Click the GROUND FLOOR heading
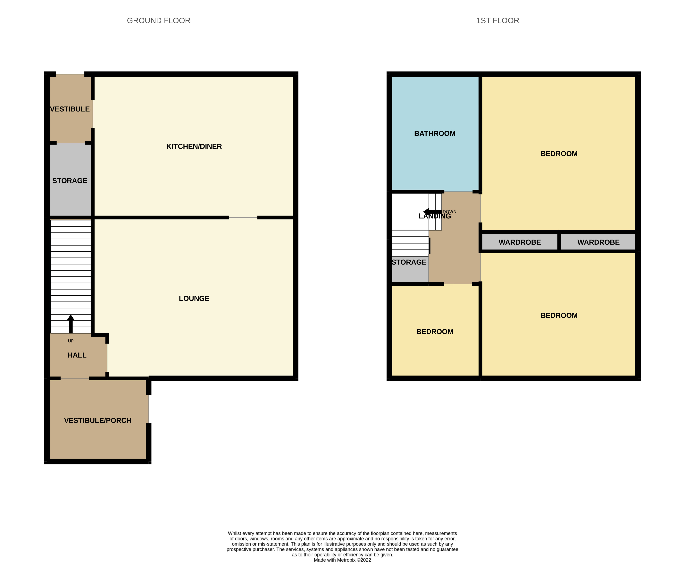pyautogui.click(x=158, y=20)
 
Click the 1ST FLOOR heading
pyautogui.click(x=497, y=20)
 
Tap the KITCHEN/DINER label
pyautogui.click(x=194, y=146)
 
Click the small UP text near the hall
pyautogui.click(x=71, y=341)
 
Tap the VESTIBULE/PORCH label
pyautogui.click(x=97, y=420)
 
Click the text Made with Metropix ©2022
pyautogui.click(x=342, y=560)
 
